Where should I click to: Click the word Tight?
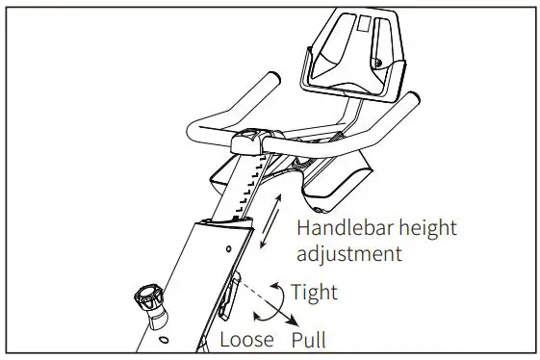click(x=314, y=292)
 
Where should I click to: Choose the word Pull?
click(x=309, y=341)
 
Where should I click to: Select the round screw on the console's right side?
click(x=380, y=64)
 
